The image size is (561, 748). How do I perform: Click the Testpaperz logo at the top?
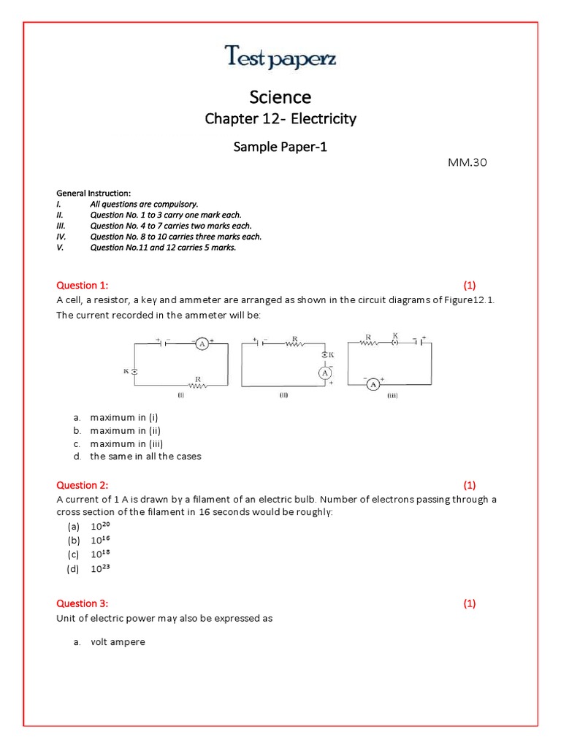tap(280, 56)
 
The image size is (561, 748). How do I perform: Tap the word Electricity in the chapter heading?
tap(323, 119)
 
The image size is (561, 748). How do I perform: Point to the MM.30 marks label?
tap(467, 162)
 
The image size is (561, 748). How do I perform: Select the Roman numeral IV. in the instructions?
tap(61, 237)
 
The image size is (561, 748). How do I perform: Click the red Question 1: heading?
tap(82, 286)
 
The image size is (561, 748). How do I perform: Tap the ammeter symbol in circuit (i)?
tap(200, 342)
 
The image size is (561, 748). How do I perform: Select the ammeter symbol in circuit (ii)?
tap(323, 373)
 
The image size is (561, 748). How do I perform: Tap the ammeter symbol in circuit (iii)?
tap(373, 384)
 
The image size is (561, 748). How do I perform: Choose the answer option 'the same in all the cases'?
tap(145, 457)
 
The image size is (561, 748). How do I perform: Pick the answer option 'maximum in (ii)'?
tap(125, 430)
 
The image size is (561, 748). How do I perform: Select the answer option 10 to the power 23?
tap(101, 568)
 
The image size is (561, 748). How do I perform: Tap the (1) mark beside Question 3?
tap(469, 603)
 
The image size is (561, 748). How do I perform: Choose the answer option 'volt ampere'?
tap(118, 642)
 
